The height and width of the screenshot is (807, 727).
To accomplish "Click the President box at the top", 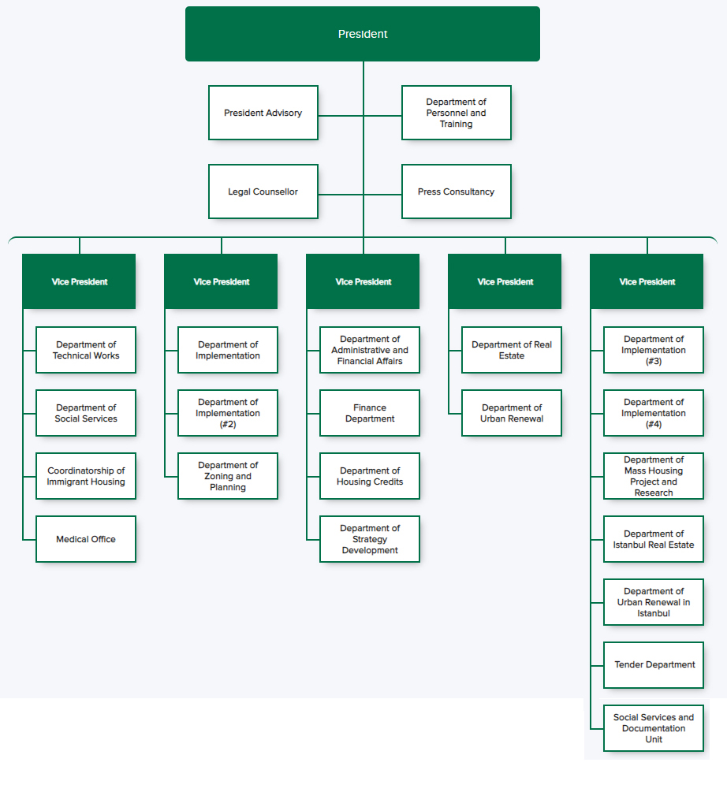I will click(363, 34).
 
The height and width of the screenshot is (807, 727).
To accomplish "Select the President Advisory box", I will click(263, 113).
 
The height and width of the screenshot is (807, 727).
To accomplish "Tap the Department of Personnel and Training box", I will click(457, 113).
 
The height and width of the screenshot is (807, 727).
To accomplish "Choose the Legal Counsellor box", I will click(263, 192).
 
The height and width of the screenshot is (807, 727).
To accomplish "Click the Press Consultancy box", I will click(457, 192).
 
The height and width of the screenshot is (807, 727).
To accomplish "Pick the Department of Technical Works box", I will click(86, 350).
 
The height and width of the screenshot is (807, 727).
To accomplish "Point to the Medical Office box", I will click(86, 539).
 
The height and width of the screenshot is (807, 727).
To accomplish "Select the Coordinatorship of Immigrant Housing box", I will click(86, 476).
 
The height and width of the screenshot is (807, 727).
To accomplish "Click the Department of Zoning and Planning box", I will click(228, 476).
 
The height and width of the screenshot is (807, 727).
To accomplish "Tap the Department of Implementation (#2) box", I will click(228, 413).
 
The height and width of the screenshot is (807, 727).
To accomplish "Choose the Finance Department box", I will click(370, 413).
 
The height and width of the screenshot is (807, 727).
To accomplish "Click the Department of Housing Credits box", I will click(370, 476).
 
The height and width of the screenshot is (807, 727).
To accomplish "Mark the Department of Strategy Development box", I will click(370, 539).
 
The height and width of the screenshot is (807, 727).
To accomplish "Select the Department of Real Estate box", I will click(512, 350).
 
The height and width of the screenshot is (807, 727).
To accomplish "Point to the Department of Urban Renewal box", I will click(512, 413).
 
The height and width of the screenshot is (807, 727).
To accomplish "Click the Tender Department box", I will click(654, 665).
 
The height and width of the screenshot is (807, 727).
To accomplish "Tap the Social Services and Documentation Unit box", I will click(654, 728).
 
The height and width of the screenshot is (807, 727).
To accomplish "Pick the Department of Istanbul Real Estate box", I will click(654, 539).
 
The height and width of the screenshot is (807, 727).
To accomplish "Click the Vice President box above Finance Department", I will click(363, 281).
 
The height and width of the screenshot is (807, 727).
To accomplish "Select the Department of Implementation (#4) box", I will click(654, 413).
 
